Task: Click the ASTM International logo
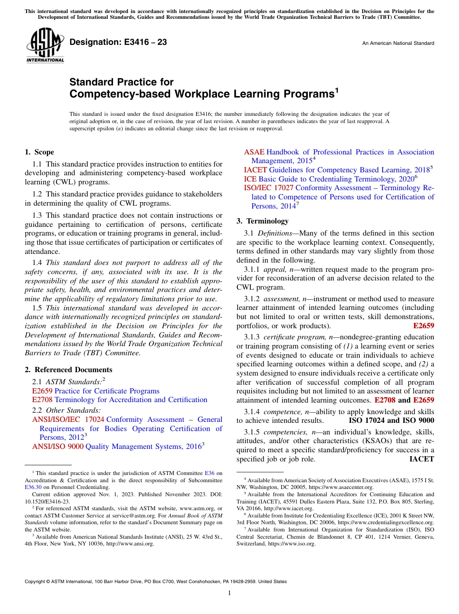pyautogui.click(x=44, y=46)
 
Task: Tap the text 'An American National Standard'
pyautogui.click(x=398, y=43)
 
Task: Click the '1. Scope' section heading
pyautogui.click(x=40, y=152)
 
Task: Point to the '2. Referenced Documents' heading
pyautogui.click(x=69, y=370)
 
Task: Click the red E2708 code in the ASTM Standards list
pyautogui.click(x=42, y=400)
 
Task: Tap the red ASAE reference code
pyautogui.click(x=254, y=152)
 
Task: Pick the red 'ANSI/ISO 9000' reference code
pyautogui.click(x=57, y=447)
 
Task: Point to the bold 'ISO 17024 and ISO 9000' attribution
pyautogui.click(x=391, y=420)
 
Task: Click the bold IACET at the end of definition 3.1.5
pyautogui.click(x=421, y=459)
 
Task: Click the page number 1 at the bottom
pyautogui.click(x=229, y=593)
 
